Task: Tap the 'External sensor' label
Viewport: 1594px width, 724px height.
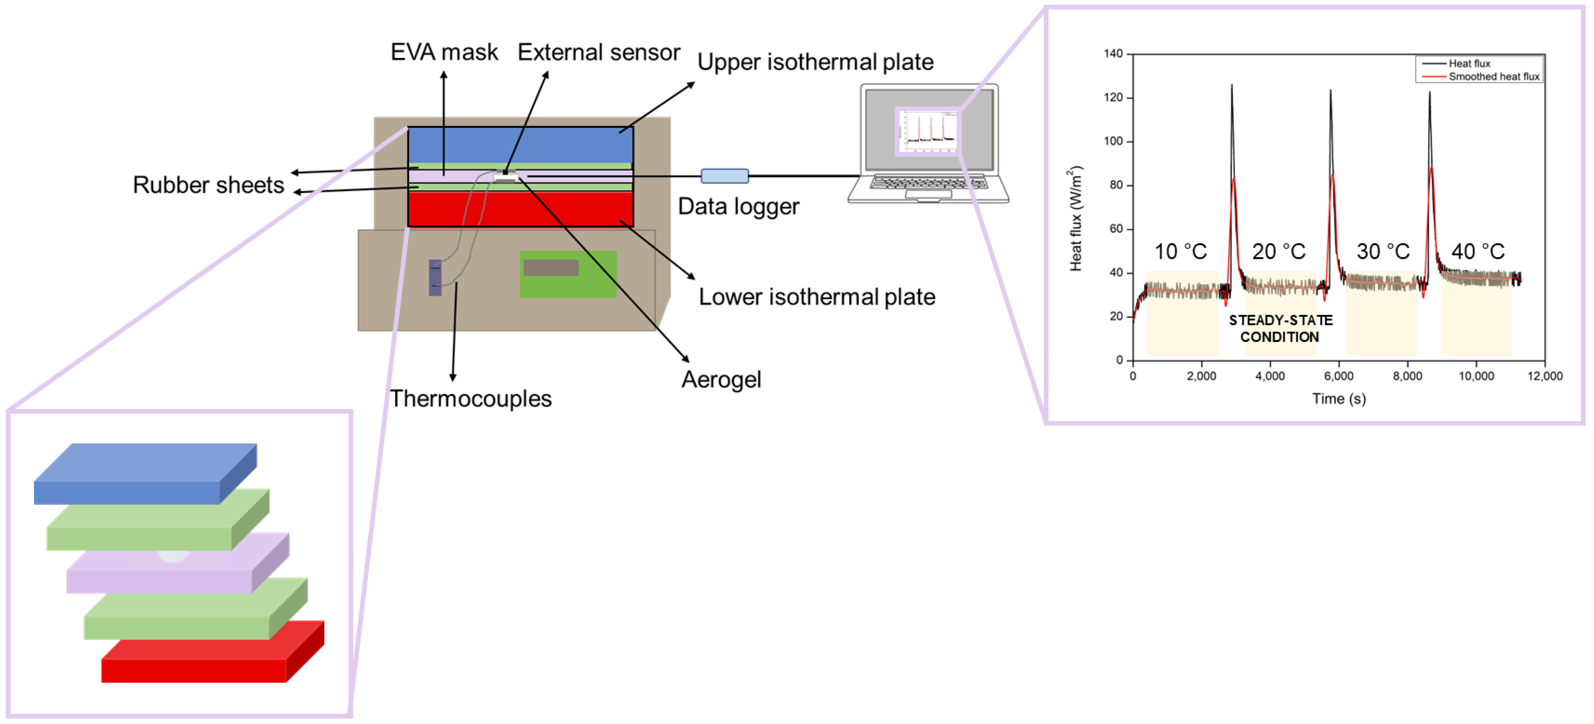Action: pyautogui.click(x=598, y=52)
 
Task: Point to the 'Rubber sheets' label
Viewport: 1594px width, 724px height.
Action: pyautogui.click(x=209, y=185)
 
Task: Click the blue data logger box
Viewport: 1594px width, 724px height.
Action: pyautogui.click(x=724, y=176)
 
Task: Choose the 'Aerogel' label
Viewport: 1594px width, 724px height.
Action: pyautogui.click(x=721, y=379)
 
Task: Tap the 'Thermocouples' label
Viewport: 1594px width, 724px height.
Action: pyautogui.click(x=470, y=398)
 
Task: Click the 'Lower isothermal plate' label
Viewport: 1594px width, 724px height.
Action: pyautogui.click(x=817, y=297)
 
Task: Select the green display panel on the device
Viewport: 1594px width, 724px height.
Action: pyautogui.click(x=568, y=274)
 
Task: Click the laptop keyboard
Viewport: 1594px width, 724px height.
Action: pyautogui.click(x=928, y=183)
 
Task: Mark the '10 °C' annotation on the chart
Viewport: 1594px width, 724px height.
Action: pyautogui.click(x=1180, y=252)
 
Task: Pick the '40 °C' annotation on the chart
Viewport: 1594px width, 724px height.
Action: pyautogui.click(x=1478, y=252)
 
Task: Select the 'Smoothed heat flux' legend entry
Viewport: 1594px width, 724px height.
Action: pyautogui.click(x=1493, y=77)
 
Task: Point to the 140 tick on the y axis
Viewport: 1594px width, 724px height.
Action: pyautogui.click(x=1113, y=54)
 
